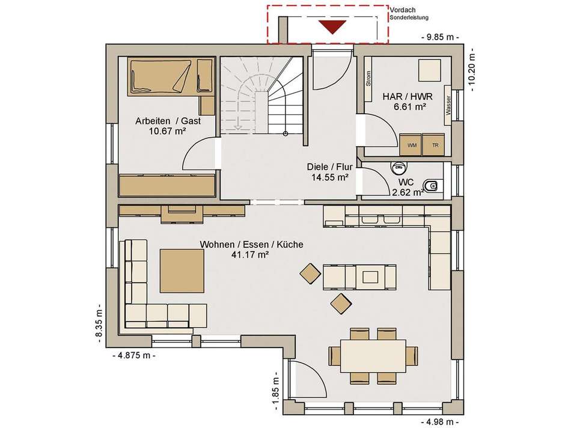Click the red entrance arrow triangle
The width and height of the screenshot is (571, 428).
tap(332, 27)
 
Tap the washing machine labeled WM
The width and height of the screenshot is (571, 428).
tap(411, 145)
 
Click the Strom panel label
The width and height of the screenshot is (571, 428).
tap(368, 79)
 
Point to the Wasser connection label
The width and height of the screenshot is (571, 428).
tap(448, 105)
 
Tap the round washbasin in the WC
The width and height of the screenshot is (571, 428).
tap(399, 168)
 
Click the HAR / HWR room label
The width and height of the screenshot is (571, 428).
tap(407, 97)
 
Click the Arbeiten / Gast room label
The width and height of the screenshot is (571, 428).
tap(168, 121)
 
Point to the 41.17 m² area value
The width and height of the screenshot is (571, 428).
tap(250, 255)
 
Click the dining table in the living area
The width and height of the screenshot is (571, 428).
tap(373, 356)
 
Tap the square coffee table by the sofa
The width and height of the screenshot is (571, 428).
tap(182, 271)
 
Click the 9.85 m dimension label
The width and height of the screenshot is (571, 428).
tap(439, 37)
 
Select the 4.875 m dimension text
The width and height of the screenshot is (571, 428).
tap(134, 355)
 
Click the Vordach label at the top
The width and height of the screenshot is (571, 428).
tap(402, 10)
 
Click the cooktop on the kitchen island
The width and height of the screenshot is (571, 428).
tap(370, 278)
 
